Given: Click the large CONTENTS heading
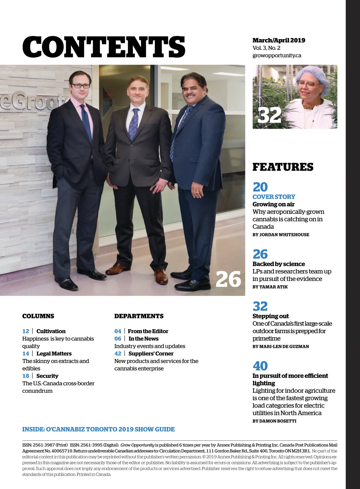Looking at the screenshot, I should pos(103,47).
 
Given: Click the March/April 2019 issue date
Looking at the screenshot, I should pos(279,40).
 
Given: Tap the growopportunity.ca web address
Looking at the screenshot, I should pos(277,55).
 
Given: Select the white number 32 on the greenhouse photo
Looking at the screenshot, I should pos(269,115).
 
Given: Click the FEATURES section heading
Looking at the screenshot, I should pos(283,167).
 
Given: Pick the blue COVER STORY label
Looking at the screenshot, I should pos(274,197).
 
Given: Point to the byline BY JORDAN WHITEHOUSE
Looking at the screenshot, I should pos(280,235).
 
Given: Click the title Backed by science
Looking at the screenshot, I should pos(278,264).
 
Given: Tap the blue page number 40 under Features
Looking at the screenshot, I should pos(260,366).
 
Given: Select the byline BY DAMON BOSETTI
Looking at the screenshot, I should pos(274,421).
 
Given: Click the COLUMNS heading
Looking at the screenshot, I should pos(38,316).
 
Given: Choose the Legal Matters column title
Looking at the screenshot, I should pos(54,353).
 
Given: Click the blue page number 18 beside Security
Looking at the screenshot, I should pos(26,376).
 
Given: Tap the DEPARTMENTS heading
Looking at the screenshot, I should pos(139,316).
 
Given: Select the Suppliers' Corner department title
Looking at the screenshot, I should pos(151,353).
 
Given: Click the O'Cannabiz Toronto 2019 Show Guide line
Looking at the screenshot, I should pos(98,429).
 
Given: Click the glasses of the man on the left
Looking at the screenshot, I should pos(80,86).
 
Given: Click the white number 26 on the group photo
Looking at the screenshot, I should pos(228,279).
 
